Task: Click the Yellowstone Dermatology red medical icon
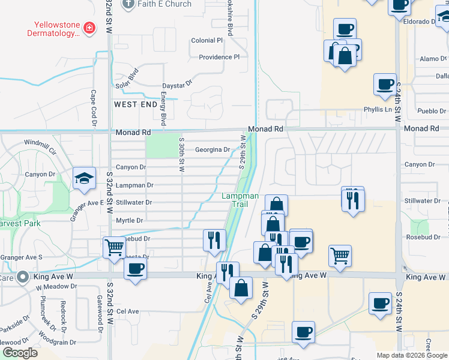[89, 28]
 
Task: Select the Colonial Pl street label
[206, 40]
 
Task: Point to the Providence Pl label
[219, 57]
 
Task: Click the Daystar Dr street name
[177, 84]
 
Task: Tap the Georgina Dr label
[212, 149]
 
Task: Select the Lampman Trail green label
[240, 200]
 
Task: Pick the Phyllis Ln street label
[378, 109]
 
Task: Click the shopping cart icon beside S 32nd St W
[114, 247]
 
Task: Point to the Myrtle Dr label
[129, 220]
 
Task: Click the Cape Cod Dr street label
[94, 108]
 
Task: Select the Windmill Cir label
[40, 143]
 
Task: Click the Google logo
[20, 353]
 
